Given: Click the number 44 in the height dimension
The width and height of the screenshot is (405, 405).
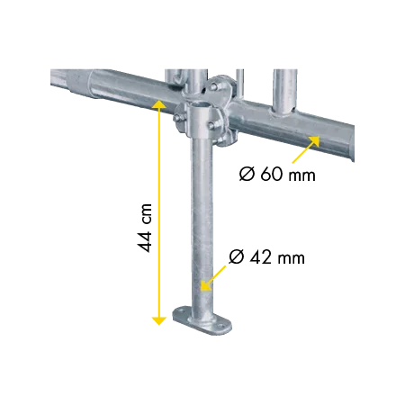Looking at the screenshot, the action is pyautogui.click(x=145, y=241).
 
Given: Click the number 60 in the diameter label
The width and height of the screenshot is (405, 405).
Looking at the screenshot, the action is pyautogui.click(x=271, y=174).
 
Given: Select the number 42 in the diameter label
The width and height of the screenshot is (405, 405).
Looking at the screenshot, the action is pyautogui.click(x=261, y=257).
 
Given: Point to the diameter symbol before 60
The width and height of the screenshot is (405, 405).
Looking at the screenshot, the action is pyautogui.click(x=247, y=174).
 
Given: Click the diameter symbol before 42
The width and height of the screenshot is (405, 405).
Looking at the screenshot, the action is pyautogui.click(x=237, y=257).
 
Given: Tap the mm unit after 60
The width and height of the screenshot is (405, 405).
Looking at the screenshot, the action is pyautogui.click(x=301, y=175).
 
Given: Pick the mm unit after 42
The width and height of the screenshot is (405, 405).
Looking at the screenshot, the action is pyautogui.click(x=291, y=259).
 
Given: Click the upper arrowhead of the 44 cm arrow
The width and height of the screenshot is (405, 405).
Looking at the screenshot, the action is pyautogui.click(x=159, y=103).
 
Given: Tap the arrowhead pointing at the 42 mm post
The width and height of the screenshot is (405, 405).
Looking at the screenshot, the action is pyautogui.click(x=205, y=285).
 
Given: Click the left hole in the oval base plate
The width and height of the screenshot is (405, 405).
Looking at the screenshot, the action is pyautogui.click(x=182, y=310).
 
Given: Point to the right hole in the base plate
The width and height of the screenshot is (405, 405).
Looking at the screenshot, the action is pyautogui.click(x=221, y=326).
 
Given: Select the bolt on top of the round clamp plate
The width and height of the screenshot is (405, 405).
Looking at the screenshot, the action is pyautogui.click(x=213, y=87).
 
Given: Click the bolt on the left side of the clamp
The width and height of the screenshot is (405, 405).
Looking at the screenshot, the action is pyautogui.click(x=177, y=118).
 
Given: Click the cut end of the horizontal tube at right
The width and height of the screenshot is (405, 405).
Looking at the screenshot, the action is pyautogui.click(x=350, y=144).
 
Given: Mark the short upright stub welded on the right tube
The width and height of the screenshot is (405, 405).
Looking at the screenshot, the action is pyautogui.click(x=284, y=94).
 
